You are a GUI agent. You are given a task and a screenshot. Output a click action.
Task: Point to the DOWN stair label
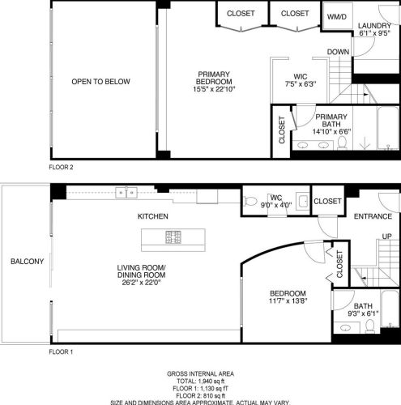339,53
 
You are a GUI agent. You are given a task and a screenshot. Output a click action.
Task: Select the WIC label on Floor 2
299,75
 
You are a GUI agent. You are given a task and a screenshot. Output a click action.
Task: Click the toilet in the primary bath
342,143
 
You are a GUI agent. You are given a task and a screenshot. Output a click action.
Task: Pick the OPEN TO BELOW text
100,82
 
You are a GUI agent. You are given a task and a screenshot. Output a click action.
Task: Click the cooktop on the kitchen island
174,237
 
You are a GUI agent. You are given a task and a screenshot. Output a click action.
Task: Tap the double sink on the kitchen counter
126,192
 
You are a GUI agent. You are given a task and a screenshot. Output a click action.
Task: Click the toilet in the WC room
251,201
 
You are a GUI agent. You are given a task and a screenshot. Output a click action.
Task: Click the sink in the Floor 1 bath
346,327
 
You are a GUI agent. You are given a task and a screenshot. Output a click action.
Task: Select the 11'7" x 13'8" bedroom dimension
288,302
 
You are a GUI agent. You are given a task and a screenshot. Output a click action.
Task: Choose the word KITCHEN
151,217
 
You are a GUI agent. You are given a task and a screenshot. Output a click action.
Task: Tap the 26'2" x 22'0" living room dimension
142,283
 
